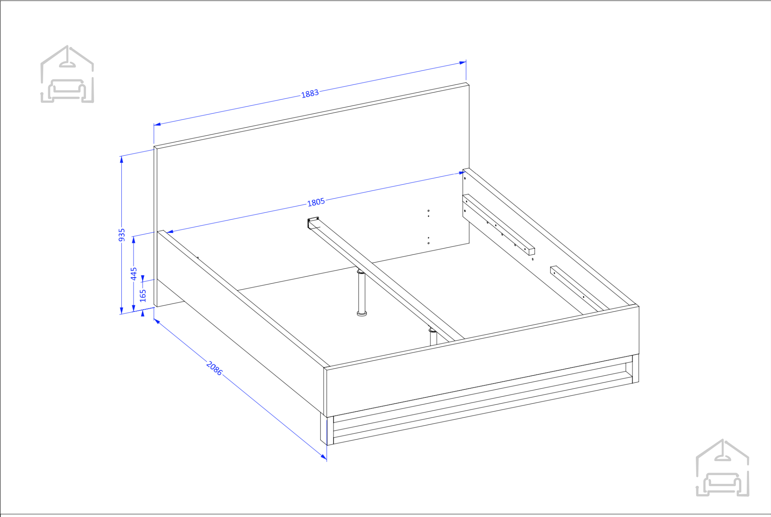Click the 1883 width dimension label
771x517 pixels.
pos(310,94)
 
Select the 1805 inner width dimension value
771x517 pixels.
pos(316,202)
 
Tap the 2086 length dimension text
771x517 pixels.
pos(214,368)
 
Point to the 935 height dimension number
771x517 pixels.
pos(122,235)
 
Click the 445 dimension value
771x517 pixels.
pos(134,274)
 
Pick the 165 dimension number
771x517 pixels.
pos(143,296)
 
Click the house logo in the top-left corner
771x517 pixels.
pos(67,74)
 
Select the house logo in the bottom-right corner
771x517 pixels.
pos(722,467)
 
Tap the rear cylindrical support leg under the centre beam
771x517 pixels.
pos(362,292)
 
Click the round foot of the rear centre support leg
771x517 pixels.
pos(362,313)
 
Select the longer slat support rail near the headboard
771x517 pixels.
pos(498,224)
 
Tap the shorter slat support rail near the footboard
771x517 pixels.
pos(579,288)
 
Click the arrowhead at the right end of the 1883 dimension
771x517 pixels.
pos(463,63)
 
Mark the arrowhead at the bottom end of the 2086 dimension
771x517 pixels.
pos(324,457)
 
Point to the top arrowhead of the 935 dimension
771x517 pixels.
pos(121,160)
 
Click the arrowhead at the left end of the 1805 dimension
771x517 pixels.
pos(170,232)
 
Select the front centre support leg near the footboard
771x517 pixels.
pos(433,336)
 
